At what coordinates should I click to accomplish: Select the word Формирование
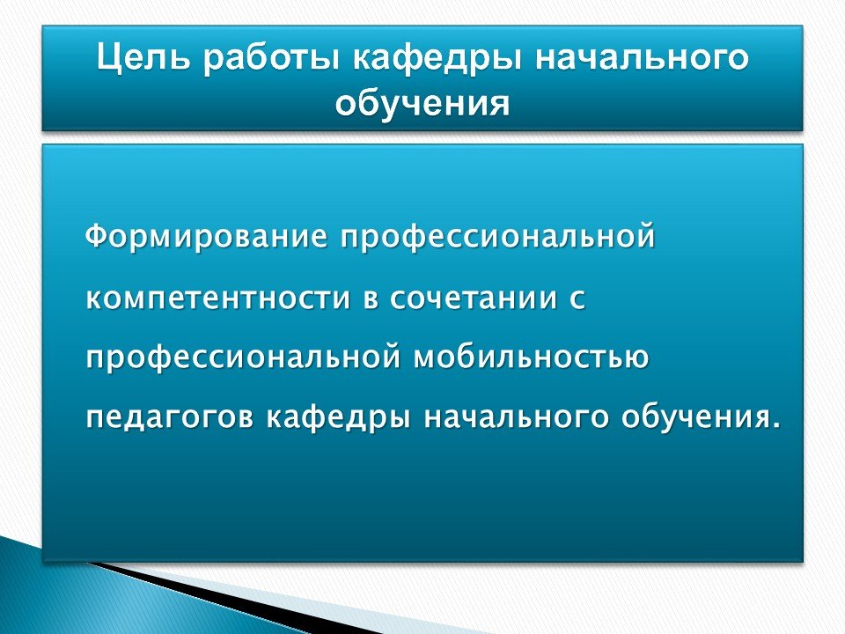tap(206, 236)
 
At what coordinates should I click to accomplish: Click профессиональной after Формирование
tap(497, 236)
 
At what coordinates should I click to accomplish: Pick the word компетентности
tap(218, 298)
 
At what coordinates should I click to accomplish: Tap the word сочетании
tap(474, 298)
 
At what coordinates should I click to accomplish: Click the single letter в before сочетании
tap(371, 299)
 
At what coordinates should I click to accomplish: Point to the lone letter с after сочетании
tap(577, 299)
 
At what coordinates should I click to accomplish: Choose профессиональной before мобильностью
tap(244, 358)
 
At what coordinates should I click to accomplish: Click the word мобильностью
tap(532, 357)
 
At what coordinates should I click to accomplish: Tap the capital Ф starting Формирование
tap(95, 236)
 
